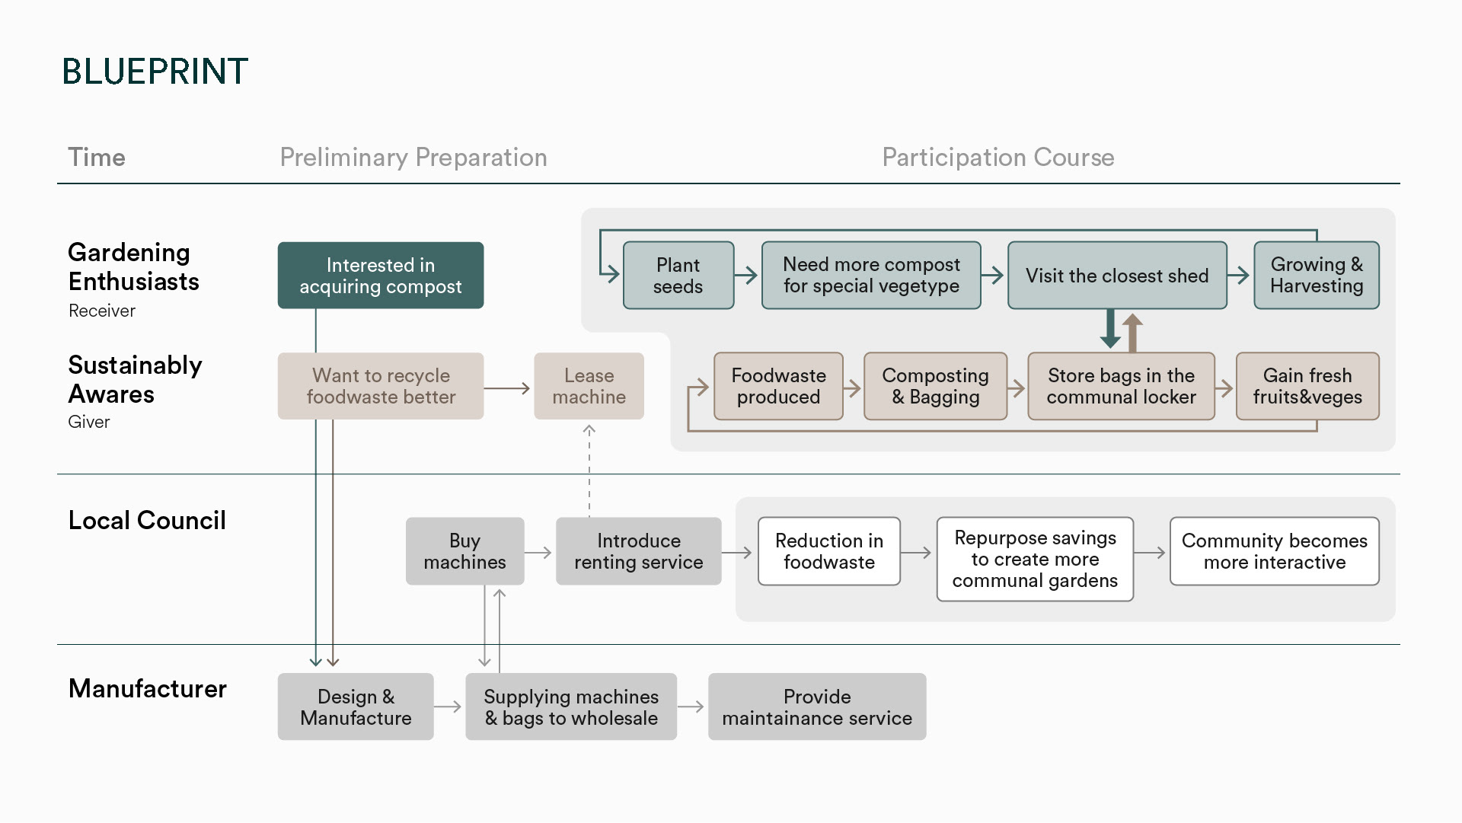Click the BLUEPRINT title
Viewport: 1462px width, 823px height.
pos(155,71)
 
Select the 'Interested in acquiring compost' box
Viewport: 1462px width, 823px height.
pos(381,276)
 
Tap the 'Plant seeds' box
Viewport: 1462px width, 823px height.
pos(678,276)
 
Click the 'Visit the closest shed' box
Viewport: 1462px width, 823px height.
pos(1117,276)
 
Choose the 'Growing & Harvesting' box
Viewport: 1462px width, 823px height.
pos(1317,276)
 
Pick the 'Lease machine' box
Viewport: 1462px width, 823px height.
pos(589,386)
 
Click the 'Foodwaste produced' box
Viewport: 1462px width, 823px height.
pos(778,386)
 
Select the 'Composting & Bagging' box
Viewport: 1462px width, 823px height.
pos(936,386)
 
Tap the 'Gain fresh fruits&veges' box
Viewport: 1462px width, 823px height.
pos(1307,386)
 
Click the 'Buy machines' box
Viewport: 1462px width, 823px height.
pos(465,551)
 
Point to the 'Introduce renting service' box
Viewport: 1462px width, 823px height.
pos(639,551)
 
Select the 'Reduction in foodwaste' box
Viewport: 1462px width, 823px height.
pos(829,551)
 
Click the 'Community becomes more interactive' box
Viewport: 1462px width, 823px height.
pos(1275,551)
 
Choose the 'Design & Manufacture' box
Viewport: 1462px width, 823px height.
pos(356,707)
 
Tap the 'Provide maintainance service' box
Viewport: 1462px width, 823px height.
pos(817,707)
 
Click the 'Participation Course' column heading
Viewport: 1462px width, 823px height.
pos(998,158)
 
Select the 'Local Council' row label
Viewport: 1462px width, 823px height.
pos(147,521)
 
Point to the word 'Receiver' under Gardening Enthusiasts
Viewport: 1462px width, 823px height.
pos(102,311)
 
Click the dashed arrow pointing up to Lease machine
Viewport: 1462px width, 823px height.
pos(589,471)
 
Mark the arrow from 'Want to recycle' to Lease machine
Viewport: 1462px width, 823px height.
pos(506,388)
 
